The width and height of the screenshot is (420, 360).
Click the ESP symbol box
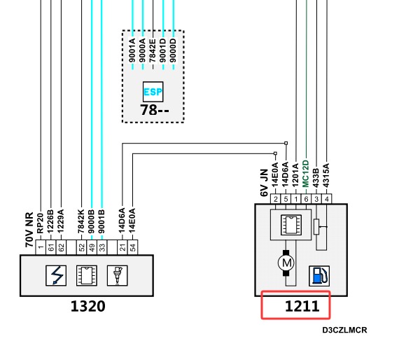tap(153, 92)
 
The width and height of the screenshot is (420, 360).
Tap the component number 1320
tap(88, 306)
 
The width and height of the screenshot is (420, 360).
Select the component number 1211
tap(302, 306)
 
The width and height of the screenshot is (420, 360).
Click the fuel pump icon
tap(319, 276)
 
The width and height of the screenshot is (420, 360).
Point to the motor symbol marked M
tap(286, 263)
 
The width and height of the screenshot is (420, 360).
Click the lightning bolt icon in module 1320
tap(56, 275)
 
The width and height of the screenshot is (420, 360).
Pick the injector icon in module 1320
tap(118, 275)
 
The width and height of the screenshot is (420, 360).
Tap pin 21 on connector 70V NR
tap(122, 247)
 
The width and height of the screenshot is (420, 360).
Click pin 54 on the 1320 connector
tap(133, 247)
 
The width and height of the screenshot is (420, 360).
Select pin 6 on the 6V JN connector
tap(306, 199)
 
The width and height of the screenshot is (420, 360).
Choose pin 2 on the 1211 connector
tap(276, 199)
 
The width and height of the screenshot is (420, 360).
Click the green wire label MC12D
tap(306, 174)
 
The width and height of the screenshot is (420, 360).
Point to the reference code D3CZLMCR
tap(344, 330)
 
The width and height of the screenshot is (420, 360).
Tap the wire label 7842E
tap(153, 50)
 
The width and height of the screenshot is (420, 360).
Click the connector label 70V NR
tap(29, 230)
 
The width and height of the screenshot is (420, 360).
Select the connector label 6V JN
tap(264, 183)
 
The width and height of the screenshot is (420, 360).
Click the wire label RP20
tap(40, 223)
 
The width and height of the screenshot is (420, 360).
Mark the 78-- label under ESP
tap(155, 110)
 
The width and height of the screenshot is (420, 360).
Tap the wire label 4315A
tap(326, 175)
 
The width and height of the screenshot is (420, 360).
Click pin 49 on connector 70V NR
tap(92, 247)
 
